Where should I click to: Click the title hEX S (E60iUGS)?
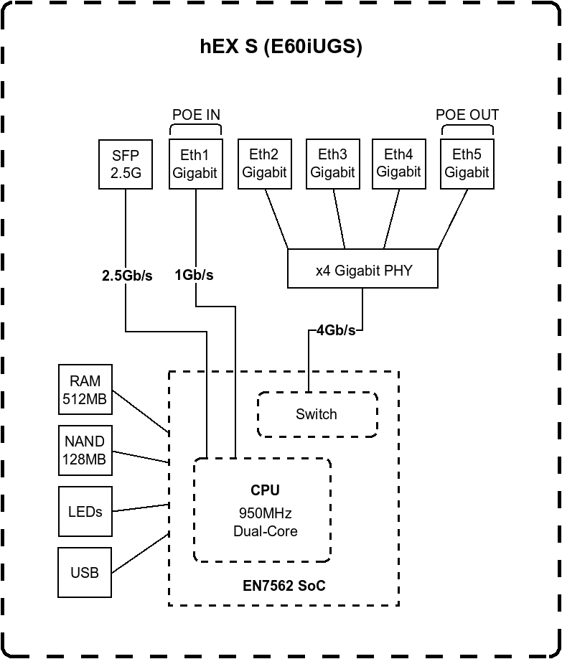tap(281, 47)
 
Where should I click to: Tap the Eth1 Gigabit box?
tap(195, 164)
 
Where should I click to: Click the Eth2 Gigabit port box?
tap(264, 164)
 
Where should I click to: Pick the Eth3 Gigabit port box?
tap(332, 164)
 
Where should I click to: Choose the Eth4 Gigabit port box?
tap(398, 164)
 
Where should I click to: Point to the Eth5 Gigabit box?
tap(467, 164)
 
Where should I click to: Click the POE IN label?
tap(196, 115)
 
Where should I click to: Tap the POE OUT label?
tap(467, 115)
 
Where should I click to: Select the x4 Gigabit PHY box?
tap(363, 270)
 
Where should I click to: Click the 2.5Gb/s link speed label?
tap(127, 276)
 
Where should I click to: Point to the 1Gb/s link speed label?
tap(194, 276)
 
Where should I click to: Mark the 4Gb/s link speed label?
tap(336, 330)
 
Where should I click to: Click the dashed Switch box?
tap(317, 414)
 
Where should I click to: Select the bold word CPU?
tap(265, 490)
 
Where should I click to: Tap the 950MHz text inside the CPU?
tap(265, 514)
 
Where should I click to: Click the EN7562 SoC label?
tap(284, 586)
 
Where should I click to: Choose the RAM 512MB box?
tap(85, 390)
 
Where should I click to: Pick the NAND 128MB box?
tap(85, 450)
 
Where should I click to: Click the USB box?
tap(85, 573)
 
